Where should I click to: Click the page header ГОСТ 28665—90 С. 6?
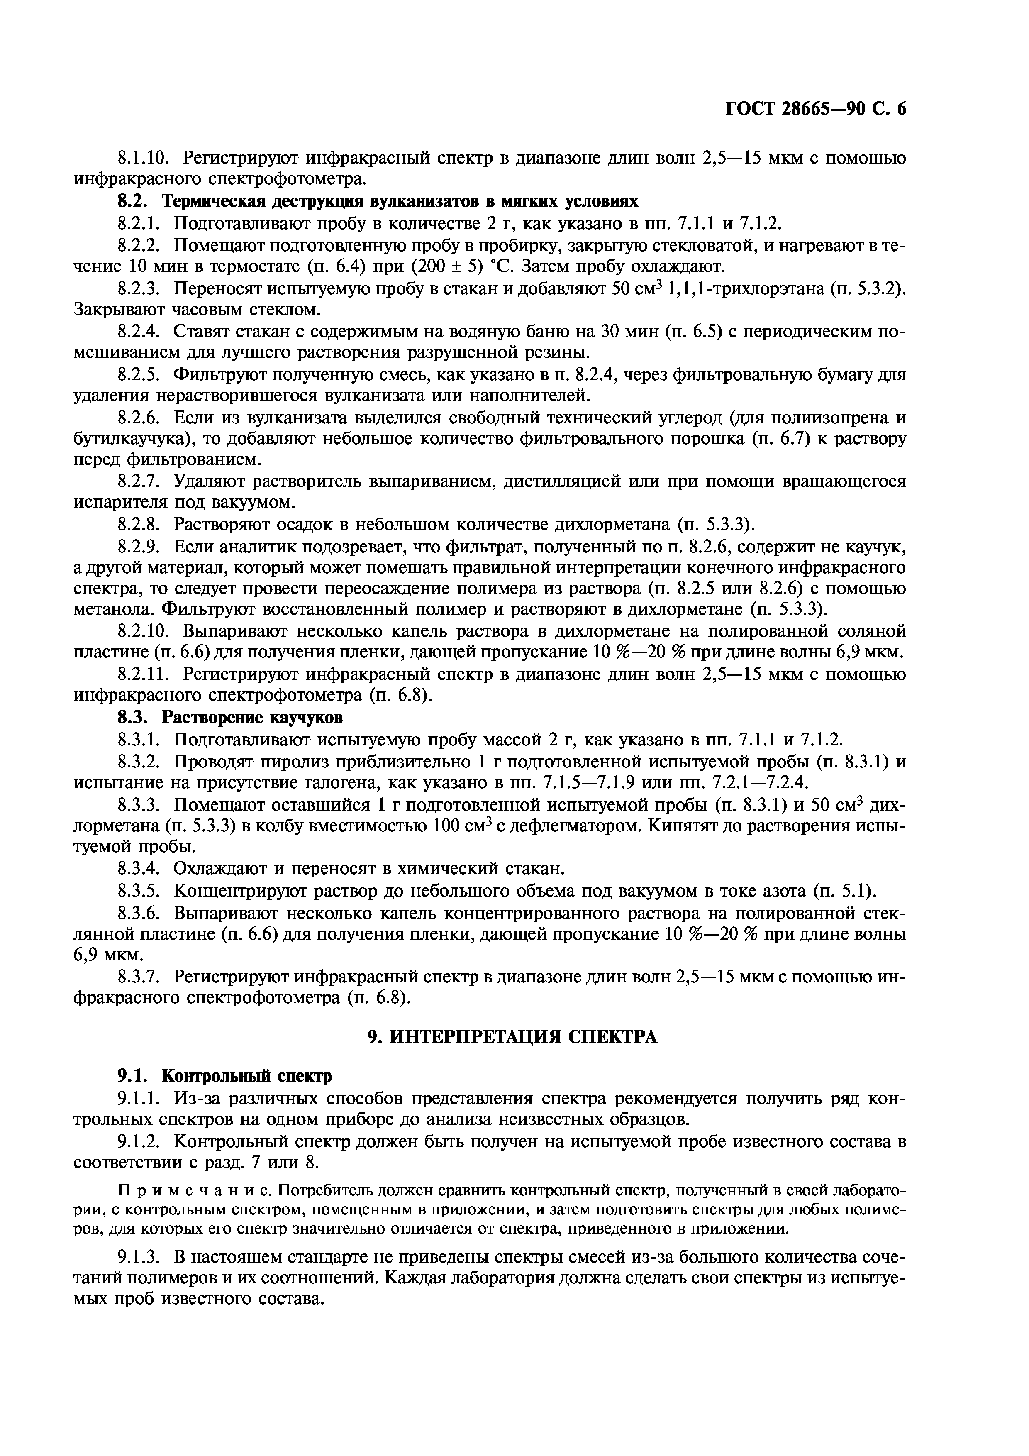click(815, 109)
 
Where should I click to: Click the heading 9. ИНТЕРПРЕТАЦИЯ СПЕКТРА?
click(513, 1037)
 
